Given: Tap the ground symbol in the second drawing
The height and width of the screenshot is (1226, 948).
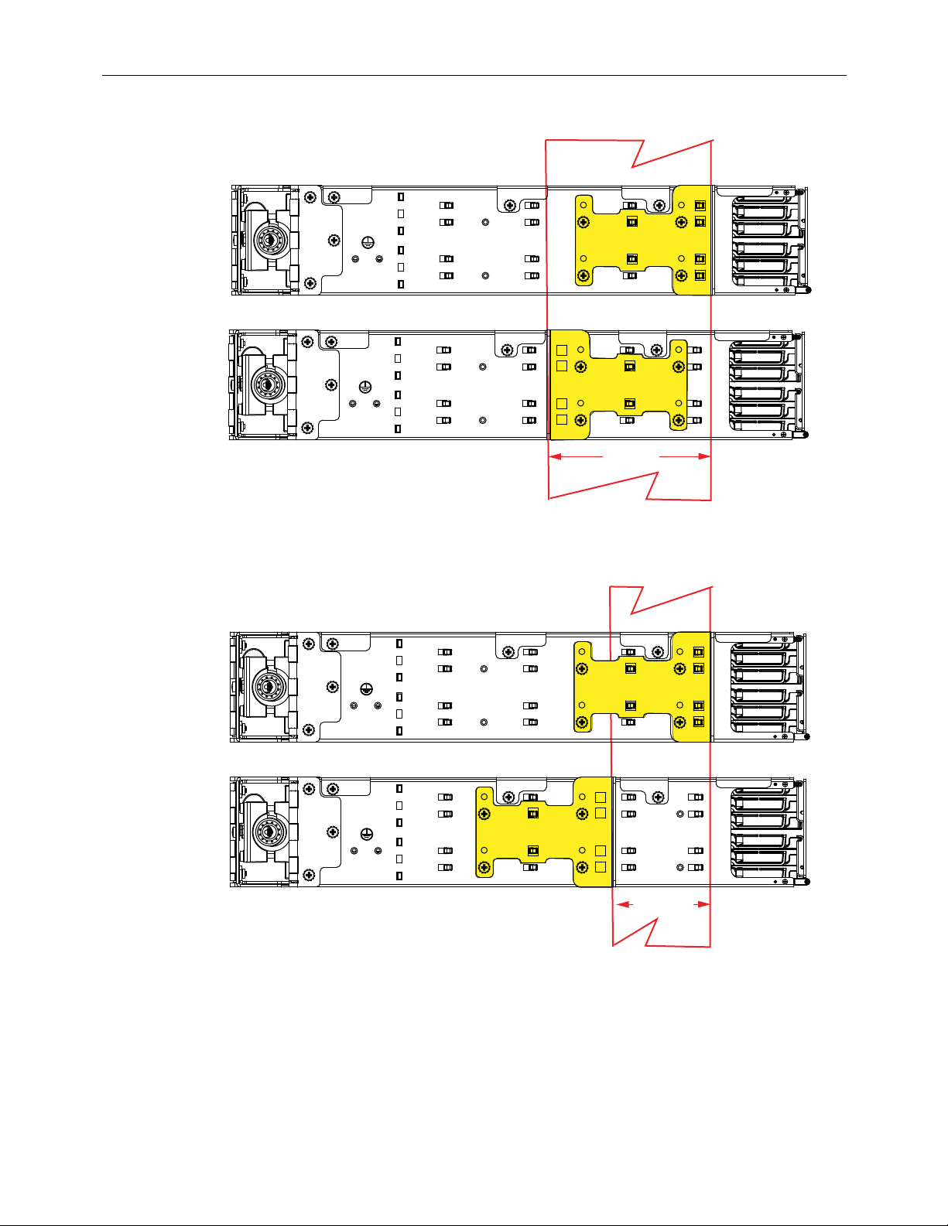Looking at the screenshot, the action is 366,386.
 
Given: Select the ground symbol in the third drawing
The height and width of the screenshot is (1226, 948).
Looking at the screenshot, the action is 368,688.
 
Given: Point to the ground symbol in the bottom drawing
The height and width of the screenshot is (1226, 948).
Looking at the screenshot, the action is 368,833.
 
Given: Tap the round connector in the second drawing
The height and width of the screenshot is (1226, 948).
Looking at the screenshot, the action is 267,384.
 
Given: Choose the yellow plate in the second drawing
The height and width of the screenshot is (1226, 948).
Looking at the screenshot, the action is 619,384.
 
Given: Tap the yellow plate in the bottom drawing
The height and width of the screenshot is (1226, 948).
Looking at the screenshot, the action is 542,832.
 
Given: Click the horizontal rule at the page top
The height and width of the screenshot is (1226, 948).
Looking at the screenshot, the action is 474,76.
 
